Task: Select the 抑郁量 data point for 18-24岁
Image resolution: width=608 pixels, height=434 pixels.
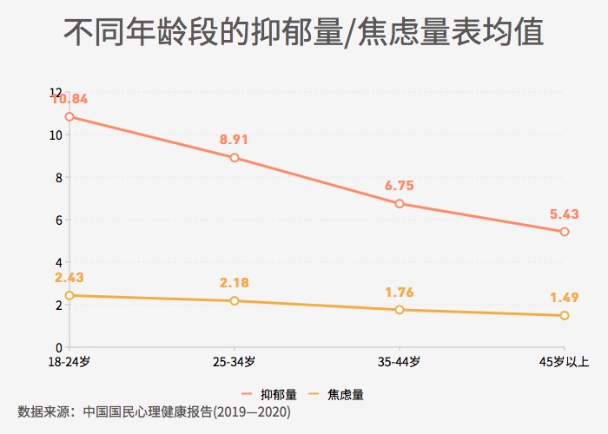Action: pos(69,116)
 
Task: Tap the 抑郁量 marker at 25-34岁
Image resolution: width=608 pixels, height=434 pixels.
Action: pos(235,158)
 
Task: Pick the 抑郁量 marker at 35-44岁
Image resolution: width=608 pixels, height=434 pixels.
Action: pos(400,203)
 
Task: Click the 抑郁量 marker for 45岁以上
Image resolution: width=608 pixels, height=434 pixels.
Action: pos(565,232)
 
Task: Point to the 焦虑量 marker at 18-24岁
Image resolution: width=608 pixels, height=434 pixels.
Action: pos(69,295)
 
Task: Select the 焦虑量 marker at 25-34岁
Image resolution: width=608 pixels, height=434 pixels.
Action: pos(235,300)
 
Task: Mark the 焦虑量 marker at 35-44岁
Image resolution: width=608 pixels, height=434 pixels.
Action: pos(400,310)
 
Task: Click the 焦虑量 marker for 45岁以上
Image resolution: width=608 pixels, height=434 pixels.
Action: pos(565,315)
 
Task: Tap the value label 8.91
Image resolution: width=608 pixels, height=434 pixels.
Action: pos(235,139)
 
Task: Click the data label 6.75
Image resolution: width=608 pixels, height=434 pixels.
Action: pos(400,185)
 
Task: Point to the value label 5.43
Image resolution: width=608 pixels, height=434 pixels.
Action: pos(565,214)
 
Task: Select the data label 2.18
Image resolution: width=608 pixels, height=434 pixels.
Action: pos(235,282)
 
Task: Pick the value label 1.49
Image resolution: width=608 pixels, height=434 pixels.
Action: pos(565,297)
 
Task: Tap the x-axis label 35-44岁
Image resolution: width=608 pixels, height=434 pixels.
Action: pos(400,361)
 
